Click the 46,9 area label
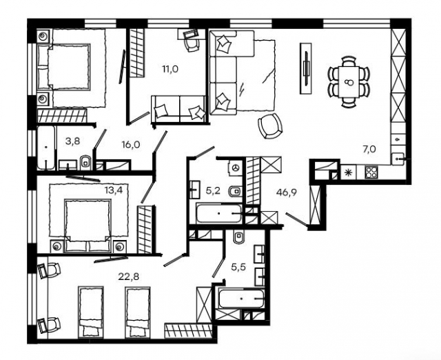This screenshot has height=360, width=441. pos(287,193)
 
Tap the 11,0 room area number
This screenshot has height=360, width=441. pos(170,69)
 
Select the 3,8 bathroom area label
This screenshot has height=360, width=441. pos(72,141)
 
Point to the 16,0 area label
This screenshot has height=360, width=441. pos(131,145)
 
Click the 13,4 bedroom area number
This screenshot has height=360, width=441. pos(114,190)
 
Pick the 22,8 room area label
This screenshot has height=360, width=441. pos(129,277)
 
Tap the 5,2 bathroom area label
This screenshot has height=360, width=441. pos(213,190)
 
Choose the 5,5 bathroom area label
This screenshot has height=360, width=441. pos(238,267)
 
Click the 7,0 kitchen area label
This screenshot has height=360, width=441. pos(369,149)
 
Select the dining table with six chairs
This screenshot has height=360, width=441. pos(349,82)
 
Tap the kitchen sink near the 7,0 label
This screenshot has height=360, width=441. pos(398,159)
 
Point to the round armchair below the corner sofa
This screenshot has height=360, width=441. pos(270,126)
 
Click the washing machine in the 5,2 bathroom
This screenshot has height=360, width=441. pos(236,168)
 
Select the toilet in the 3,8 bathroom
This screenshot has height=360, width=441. pos(85,163)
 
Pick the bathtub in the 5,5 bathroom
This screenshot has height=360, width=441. pos(242,299)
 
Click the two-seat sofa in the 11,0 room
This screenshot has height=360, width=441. pos(179,109)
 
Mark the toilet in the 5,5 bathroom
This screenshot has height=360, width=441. pos(239,237)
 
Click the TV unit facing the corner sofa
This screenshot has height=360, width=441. pos(306,68)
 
